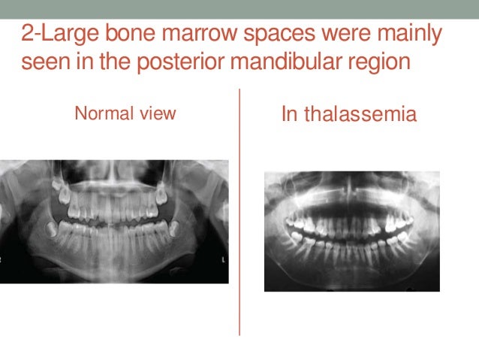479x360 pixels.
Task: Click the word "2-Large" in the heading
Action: point(57,35)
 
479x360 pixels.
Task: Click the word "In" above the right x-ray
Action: point(289,116)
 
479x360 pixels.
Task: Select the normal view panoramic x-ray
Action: point(114,221)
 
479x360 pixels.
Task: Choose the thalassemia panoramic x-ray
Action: point(352,231)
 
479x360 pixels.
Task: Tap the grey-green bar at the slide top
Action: point(239,8)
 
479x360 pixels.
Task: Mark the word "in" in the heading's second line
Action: point(86,61)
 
